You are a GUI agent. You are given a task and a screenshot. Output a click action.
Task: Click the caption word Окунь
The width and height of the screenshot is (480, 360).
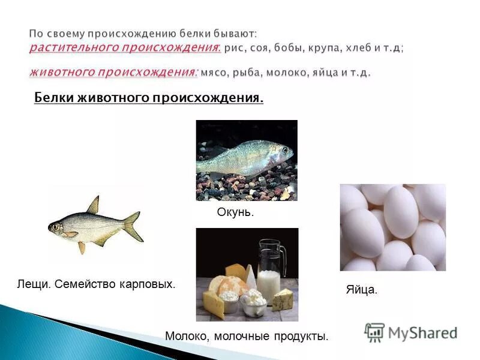click(x=235, y=212)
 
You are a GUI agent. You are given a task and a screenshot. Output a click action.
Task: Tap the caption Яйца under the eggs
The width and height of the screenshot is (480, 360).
click(x=361, y=289)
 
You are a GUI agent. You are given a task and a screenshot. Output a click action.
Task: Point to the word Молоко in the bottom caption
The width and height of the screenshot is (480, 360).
click(x=184, y=337)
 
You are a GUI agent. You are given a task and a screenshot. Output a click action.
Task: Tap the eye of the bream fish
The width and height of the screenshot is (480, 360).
click(x=56, y=227)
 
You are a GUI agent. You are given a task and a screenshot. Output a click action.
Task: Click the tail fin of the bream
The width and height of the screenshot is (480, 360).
click(x=133, y=226)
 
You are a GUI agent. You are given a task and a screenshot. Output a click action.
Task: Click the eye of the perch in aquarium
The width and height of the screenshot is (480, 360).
click(x=285, y=150)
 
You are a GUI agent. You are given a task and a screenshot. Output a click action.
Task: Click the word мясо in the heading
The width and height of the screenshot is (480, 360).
click(x=212, y=72)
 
